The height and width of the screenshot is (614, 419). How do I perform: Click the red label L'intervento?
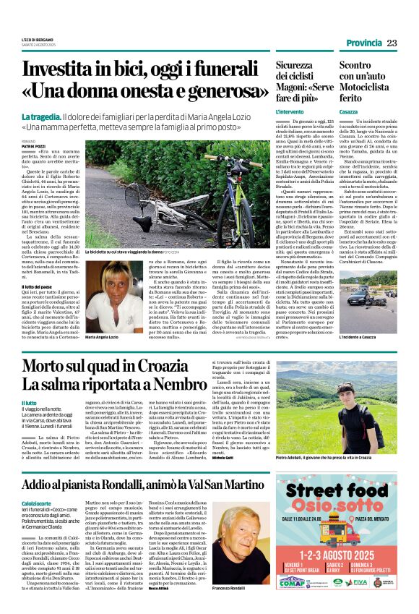[x=290, y=113]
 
